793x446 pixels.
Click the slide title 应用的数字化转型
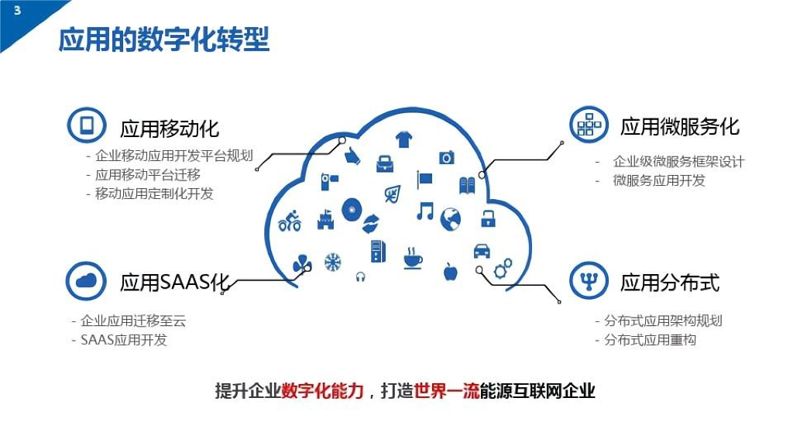[164, 39]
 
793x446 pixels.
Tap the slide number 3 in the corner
[17, 10]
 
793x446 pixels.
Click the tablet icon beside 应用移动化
[87, 125]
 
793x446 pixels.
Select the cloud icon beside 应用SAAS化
[86, 280]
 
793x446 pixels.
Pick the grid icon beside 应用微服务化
[589, 125]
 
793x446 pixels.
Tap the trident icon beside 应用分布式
[589, 280]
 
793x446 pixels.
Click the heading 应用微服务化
[680, 127]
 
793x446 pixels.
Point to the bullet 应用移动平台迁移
[148, 175]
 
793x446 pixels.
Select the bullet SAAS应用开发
[124, 340]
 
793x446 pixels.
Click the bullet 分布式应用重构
[650, 340]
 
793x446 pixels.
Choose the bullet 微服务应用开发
[659, 180]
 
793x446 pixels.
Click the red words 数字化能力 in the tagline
[323, 391]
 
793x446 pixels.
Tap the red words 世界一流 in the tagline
[447, 391]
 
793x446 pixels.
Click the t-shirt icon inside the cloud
[403, 139]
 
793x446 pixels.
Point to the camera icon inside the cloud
[446, 158]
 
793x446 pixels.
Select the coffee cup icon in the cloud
[413, 259]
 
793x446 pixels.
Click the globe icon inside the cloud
[450, 219]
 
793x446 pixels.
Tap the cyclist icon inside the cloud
[290, 221]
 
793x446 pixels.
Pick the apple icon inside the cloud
[450, 272]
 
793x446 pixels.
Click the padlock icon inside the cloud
[488, 218]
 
